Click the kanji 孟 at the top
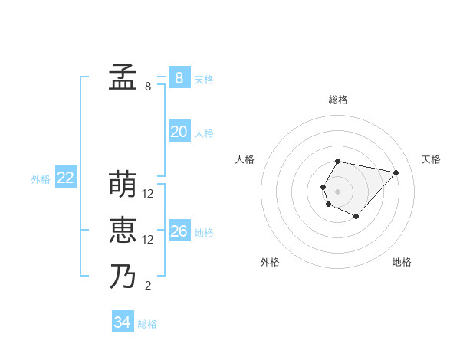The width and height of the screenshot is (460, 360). pos(123,77)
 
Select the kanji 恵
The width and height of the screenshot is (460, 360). pos(123,231)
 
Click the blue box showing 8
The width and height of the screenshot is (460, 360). pos(179,77)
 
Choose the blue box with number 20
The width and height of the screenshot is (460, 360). pos(179,132)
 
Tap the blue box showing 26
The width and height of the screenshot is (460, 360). pos(179,231)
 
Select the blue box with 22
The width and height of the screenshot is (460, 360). pos(65,178)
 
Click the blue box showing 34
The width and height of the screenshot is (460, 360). pos(122,322)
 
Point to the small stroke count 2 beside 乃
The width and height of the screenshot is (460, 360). pos(147,286)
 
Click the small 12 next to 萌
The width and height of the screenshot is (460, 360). pos(148,194)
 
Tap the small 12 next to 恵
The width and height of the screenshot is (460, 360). pos(148,240)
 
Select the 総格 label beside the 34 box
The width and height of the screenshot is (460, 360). pos(147,324)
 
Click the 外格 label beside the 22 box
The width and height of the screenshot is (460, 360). pos(41,179)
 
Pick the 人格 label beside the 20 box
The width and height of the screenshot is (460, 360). pos(204,133)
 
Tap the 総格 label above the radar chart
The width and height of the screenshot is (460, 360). pos(338,100)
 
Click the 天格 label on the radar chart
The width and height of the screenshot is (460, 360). pos(431,159)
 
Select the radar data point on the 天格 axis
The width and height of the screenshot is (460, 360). pos(396,172)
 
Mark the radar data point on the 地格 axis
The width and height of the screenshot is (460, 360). pos(356,217)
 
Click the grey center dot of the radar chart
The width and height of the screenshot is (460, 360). pos(337,191)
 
